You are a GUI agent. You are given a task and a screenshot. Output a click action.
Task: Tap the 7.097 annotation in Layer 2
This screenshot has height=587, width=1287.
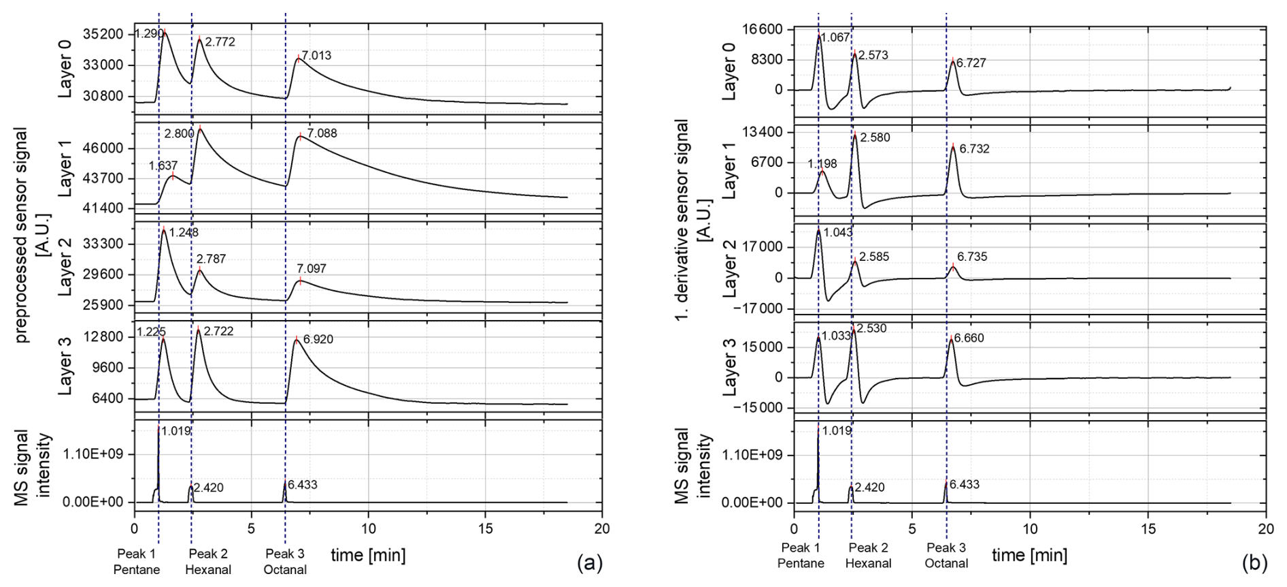[x=311, y=269]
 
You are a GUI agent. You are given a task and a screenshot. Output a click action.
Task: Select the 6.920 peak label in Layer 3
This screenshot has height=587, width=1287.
[x=318, y=339]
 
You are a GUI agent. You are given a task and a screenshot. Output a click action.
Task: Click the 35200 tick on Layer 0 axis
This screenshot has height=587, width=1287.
[x=104, y=34]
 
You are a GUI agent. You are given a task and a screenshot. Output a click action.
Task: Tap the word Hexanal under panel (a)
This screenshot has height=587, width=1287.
[x=208, y=570]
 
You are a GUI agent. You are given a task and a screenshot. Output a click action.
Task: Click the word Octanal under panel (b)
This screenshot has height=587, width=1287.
[x=946, y=564]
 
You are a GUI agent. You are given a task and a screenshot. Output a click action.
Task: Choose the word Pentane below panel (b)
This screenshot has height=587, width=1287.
[x=801, y=564]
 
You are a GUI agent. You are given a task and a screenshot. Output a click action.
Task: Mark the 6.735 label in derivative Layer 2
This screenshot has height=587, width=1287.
[x=972, y=257]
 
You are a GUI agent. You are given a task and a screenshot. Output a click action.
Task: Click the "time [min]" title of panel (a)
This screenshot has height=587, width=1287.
[x=368, y=556]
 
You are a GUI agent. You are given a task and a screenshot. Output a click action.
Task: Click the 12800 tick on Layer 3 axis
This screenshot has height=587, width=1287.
[x=104, y=337]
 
